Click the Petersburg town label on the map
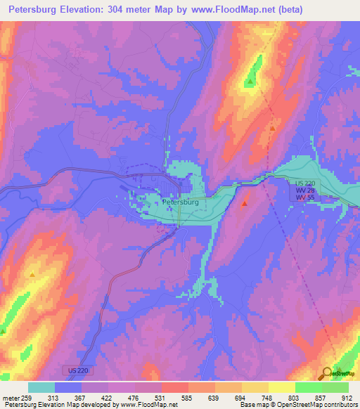coord(181,202)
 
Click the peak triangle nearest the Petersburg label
coord(244,204)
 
